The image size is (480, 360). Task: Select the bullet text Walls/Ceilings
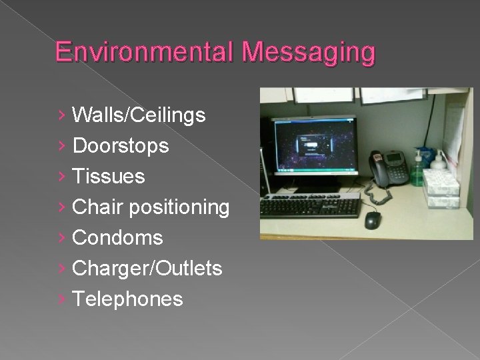[139, 115]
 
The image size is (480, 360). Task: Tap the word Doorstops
[121, 146]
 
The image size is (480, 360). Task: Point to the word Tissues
[108, 177]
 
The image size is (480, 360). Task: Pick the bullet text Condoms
[117, 238]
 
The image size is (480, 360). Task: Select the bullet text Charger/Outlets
[147, 269]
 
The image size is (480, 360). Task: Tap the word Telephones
[127, 299]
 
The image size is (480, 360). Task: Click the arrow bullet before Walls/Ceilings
[62, 116]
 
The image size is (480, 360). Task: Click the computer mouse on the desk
[372, 219]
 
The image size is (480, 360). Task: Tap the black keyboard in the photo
[309, 207]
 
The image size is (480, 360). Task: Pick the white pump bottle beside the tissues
[439, 163]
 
